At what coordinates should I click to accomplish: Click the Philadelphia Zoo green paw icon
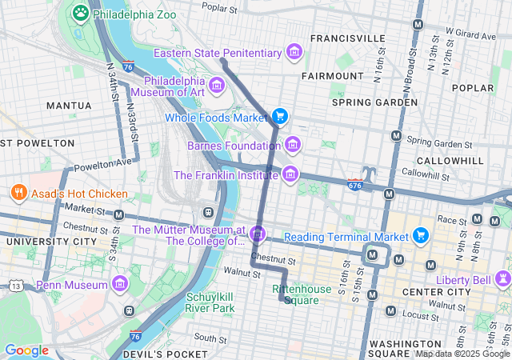81,13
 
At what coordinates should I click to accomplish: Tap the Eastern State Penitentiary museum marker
294,53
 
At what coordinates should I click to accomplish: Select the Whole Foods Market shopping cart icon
279,117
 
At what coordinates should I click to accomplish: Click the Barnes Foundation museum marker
294,145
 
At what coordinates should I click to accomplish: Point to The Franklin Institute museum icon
290,174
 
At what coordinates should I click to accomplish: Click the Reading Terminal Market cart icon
421,236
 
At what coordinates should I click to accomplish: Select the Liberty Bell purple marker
503,278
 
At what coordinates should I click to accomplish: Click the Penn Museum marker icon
120,285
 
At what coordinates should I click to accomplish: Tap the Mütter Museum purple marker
258,234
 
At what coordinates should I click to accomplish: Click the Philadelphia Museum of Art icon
216,86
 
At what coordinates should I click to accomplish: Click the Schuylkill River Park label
210,302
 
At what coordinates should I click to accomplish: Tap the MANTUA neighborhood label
69,106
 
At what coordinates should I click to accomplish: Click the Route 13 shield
17,286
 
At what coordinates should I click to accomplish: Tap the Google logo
26,350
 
